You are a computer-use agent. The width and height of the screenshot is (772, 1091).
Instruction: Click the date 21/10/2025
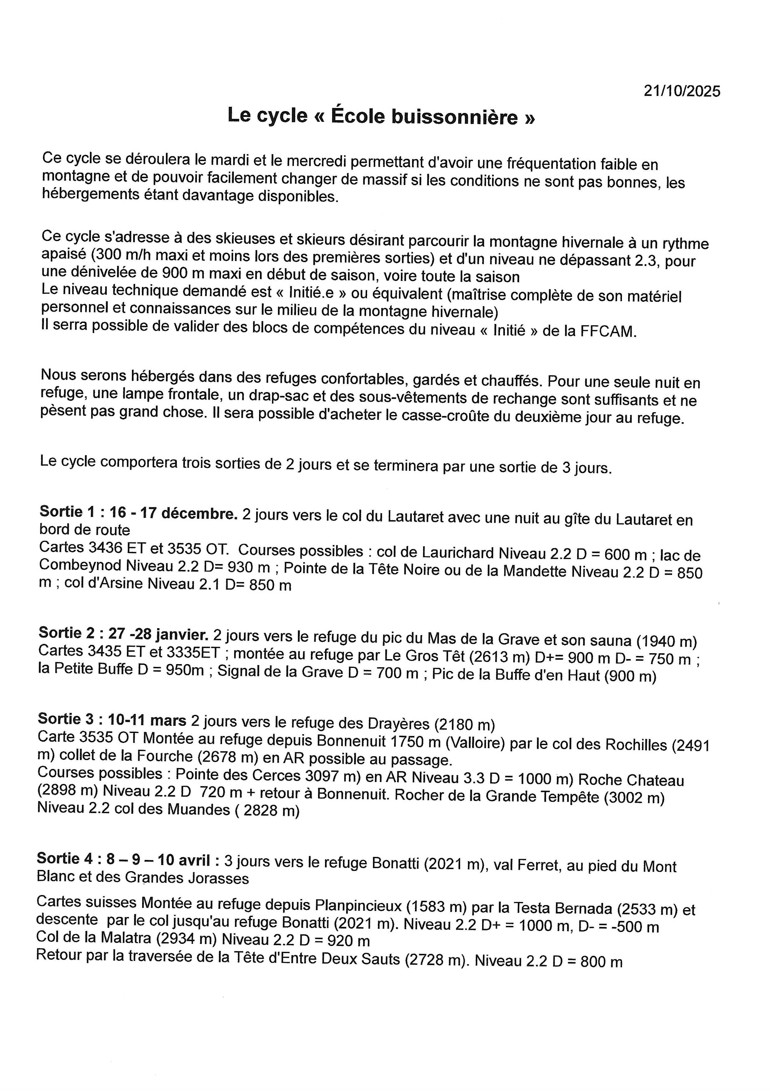pyautogui.click(x=682, y=91)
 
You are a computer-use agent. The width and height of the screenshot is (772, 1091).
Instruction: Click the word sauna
pyautogui.click(x=608, y=641)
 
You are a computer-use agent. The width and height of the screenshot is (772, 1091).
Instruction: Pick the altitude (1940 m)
pyautogui.click(x=667, y=642)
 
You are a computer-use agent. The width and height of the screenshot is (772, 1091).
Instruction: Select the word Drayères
pyautogui.click(x=399, y=724)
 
